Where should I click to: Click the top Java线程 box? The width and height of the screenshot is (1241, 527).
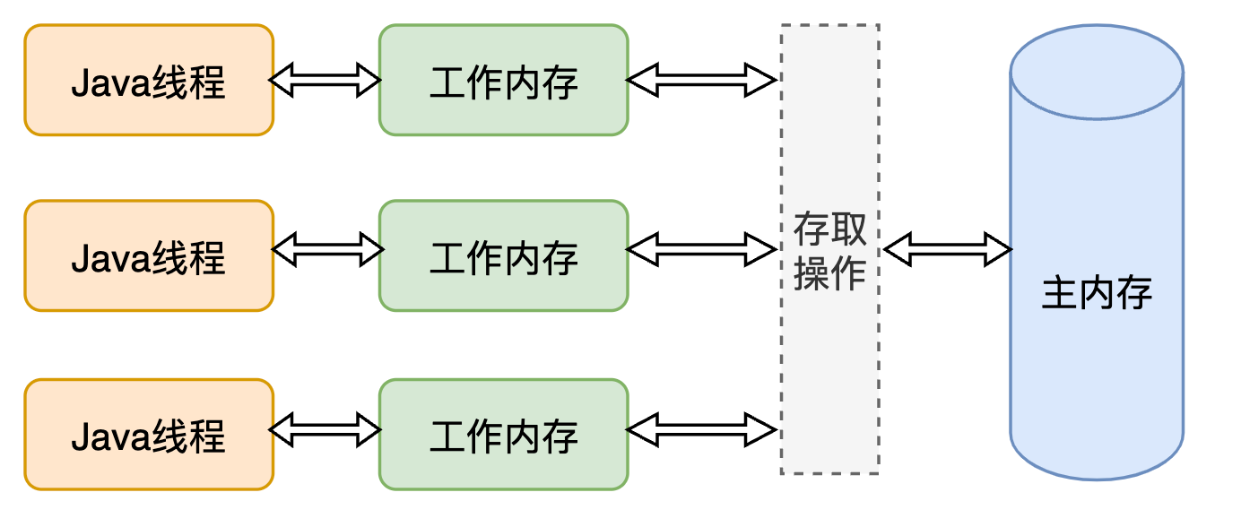point(149,81)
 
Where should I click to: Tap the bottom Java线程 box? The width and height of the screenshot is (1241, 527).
point(149,435)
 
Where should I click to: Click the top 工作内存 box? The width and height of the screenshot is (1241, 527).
point(503,81)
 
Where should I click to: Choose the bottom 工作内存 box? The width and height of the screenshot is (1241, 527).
point(503,435)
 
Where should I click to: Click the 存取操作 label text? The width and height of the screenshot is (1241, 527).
point(829,252)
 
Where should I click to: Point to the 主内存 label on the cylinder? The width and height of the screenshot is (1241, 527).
point(1096,294)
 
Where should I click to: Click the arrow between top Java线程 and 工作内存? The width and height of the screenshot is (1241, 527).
point(325,81)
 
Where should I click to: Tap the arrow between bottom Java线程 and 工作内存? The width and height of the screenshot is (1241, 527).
point(325,429)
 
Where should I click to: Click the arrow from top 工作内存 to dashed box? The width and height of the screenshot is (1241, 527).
point(701,80)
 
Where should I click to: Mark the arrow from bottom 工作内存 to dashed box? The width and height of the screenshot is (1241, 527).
point(701,429)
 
